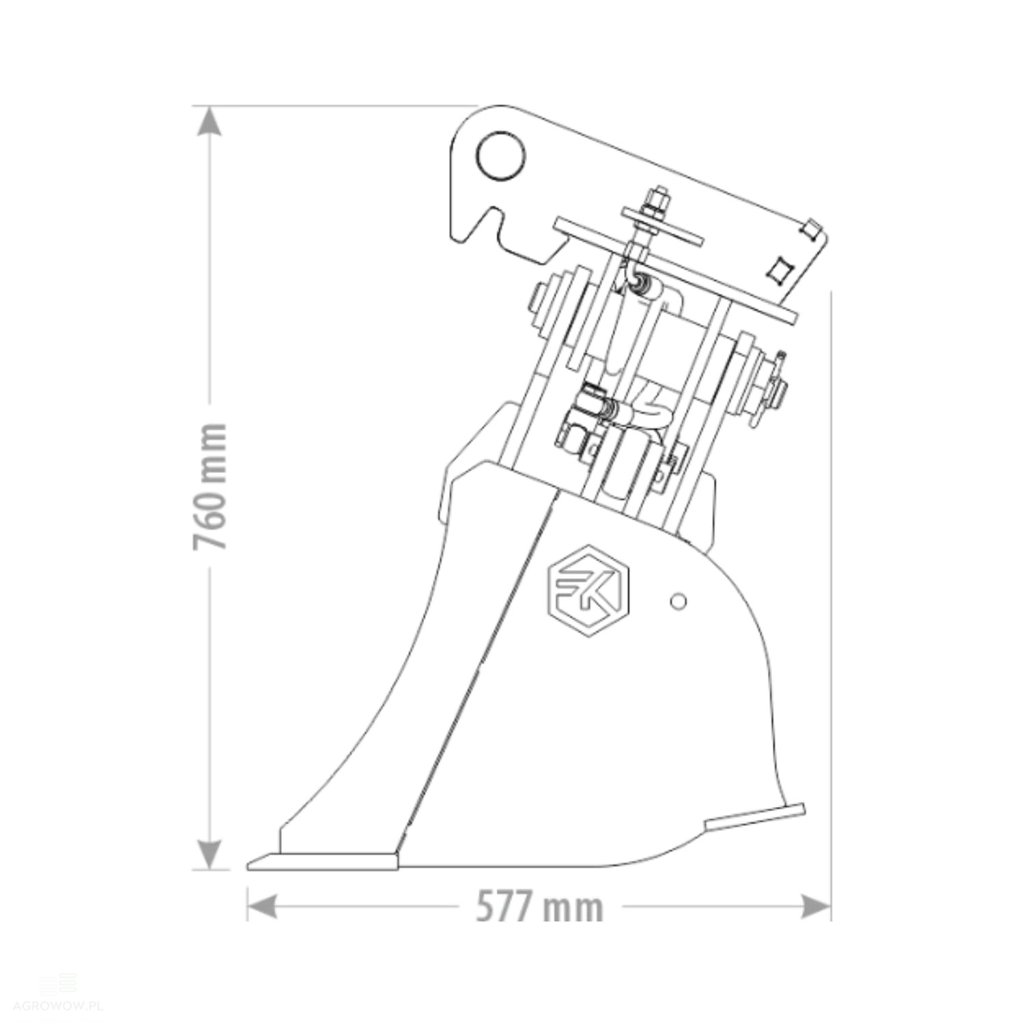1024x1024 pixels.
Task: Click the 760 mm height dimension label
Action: [x=209, y=486]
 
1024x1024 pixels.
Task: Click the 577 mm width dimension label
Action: [x=539, y=907]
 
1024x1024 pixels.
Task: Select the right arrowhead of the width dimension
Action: [x=816, y=907]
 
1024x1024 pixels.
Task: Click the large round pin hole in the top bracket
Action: [x=502, y=157]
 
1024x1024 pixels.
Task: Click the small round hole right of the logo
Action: [x=678, y=601]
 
